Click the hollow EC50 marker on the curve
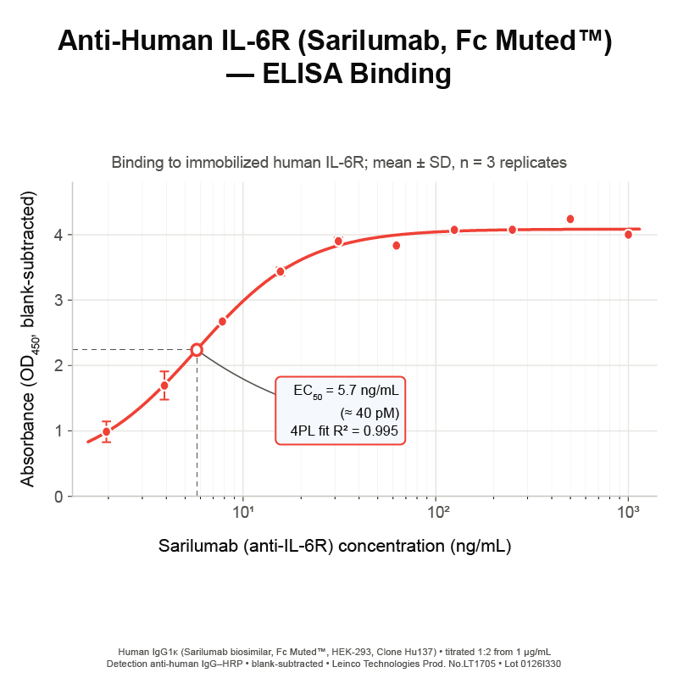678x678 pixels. click(197, 350)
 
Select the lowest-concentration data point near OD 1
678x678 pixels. click(107, 431)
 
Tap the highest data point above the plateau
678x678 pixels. click(570, 220)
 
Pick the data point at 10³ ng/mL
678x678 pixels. click(628, 235)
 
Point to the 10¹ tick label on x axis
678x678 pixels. click(242, 512)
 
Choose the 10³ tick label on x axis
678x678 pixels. click(628, 512)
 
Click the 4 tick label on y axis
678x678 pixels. click(58, 235)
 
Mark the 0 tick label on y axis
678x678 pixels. click(58, 497)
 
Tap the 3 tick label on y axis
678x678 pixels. click(58, 300)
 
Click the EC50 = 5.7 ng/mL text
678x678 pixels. click(346, 392)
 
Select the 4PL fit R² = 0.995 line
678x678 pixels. click(344, 431)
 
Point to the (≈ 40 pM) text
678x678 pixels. click(370, 413)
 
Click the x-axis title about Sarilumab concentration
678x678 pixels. click(335, 546)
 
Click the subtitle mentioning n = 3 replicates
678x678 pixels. click(339, 163)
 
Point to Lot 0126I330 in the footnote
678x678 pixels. click(533, 664)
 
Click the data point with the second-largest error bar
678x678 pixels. click(107, 431)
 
